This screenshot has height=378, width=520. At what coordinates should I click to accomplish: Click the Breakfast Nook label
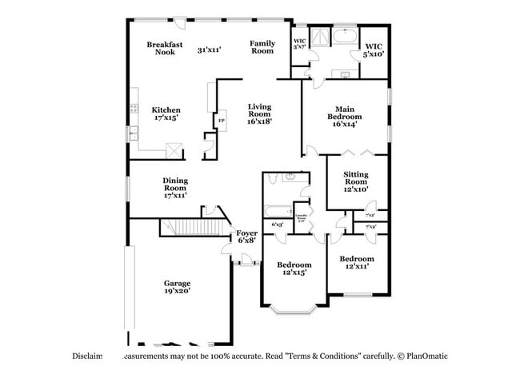pos(165,48)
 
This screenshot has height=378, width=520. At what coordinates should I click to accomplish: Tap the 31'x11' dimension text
pos(209,50)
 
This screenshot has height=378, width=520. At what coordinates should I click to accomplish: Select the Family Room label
pos(262,47)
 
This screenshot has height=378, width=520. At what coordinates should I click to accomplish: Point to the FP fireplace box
pos(222,121)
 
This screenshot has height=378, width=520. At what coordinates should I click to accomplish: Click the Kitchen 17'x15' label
pos(166,113)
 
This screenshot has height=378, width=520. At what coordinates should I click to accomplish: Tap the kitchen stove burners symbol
pos(132,112)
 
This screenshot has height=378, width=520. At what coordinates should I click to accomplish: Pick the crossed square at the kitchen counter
pos(173,149)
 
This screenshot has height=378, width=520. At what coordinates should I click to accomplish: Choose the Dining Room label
pos(175,188)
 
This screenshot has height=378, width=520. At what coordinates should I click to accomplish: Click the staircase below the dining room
pos(194,228)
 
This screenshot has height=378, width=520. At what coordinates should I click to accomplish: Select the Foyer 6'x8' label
pos(246,236)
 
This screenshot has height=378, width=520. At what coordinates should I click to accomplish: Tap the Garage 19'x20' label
pos(177,287)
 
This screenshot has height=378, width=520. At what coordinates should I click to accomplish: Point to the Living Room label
pos(259,113)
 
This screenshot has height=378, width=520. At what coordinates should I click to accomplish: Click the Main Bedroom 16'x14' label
pos(344,116)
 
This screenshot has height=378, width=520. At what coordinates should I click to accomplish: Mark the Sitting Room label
pos(355,181)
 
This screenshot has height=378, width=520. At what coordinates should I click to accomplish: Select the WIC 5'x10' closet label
pos(373,49)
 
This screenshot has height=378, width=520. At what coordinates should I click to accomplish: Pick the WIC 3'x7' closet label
pos(299,43)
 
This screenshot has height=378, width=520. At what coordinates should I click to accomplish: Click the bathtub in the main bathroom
pos(345,37)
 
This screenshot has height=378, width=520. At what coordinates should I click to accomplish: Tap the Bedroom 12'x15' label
pos(294,269)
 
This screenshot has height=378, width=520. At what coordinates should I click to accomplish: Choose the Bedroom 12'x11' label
pos(356,262)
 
